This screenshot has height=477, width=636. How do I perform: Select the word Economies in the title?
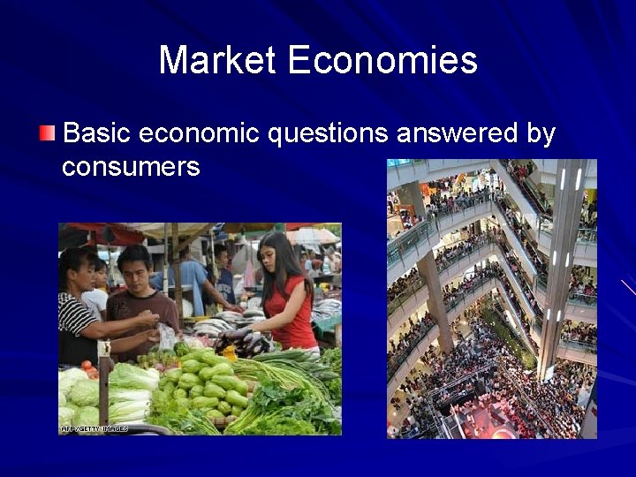click(x=382, y=61)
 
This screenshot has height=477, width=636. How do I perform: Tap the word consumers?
click(x=131, y=166)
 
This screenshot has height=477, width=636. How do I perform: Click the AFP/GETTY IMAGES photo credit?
click(x=95, y=429)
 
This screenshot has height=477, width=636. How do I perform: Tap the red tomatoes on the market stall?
click(x=89, y=369)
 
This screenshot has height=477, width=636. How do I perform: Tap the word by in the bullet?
click(x=541, y=134)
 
